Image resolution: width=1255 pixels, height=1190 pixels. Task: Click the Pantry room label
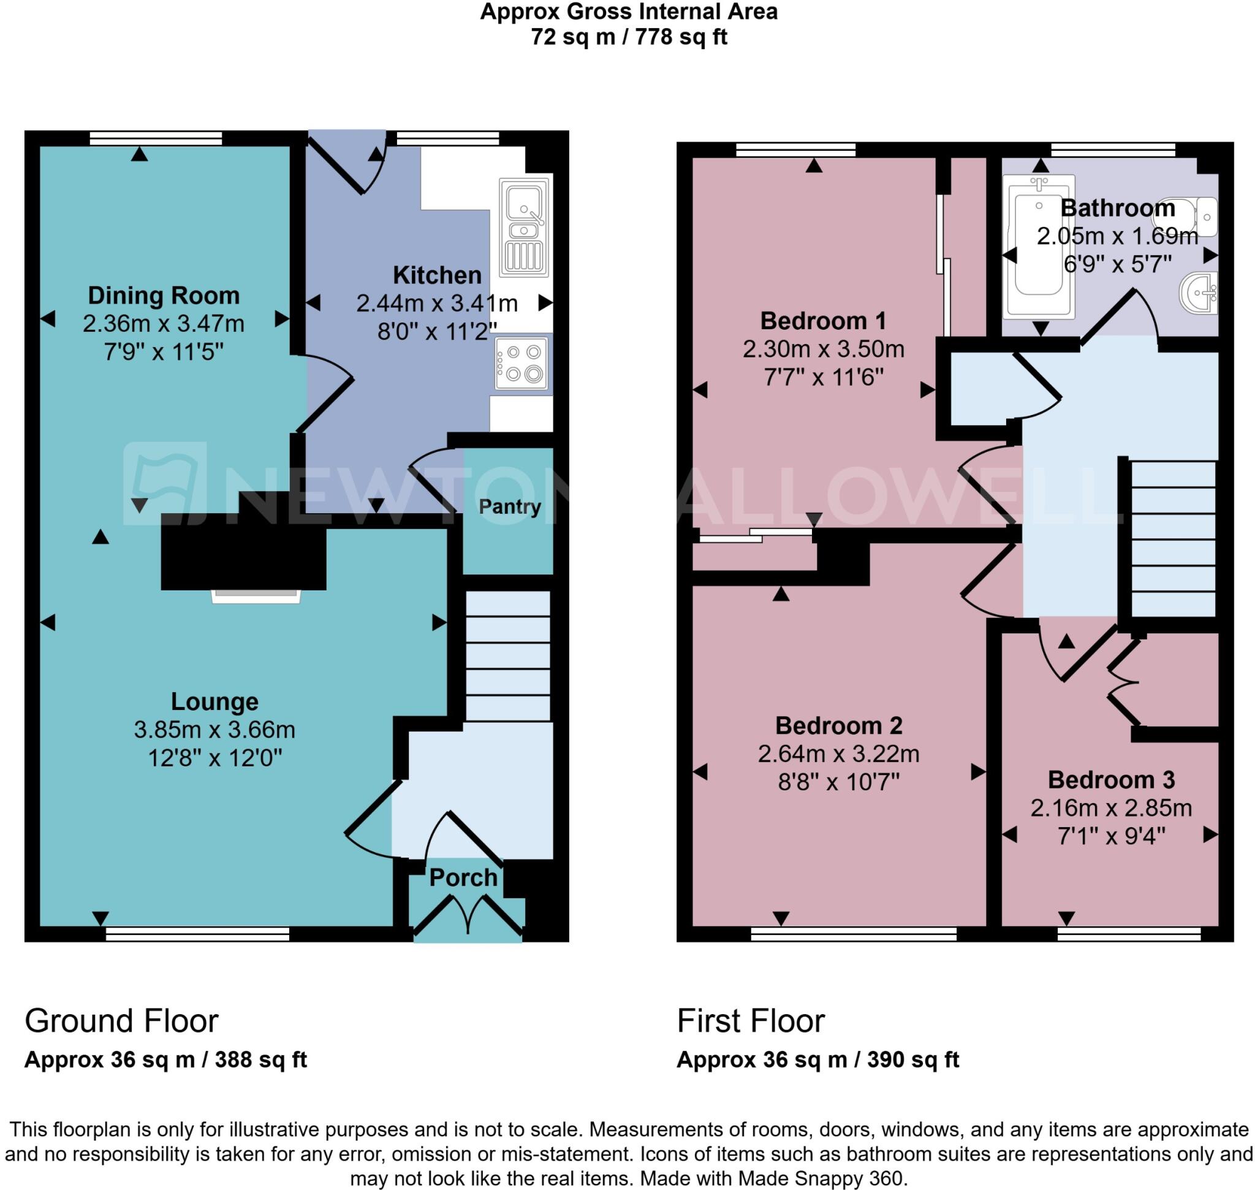509,506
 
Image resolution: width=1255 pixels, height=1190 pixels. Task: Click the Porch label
463,877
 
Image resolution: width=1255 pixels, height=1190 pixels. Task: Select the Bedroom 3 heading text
1110,779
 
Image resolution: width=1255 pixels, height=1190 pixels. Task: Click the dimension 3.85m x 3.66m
214,730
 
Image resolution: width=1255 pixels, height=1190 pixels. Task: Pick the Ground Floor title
121,1021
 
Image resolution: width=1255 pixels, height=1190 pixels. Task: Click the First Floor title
750,1021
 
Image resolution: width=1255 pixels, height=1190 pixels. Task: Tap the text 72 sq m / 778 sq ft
629,37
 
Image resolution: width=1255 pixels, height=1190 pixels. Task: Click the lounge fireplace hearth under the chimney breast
256,596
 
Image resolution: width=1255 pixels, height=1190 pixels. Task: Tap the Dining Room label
164,296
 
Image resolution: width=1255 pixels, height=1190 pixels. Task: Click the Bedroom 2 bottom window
853,934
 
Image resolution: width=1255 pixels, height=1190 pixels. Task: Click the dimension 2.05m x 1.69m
1117,236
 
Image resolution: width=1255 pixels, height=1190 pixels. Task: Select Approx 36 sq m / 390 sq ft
817,1059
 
